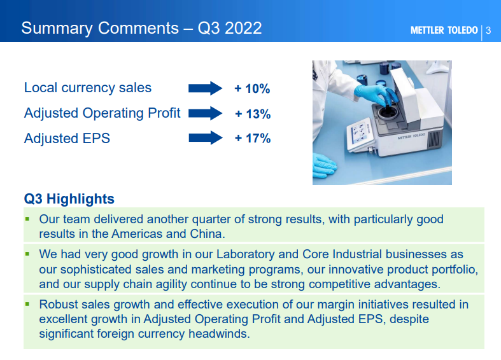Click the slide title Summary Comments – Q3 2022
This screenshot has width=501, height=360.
141,28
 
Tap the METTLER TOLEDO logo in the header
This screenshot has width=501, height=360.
444,31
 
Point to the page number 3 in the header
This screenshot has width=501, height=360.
488,31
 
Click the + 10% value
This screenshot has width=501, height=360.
252,88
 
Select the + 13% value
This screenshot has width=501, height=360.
253,114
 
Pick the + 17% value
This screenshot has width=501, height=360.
253,139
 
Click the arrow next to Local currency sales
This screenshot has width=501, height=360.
205,88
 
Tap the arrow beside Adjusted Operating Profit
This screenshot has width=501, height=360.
205,113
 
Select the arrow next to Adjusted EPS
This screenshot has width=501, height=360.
206,138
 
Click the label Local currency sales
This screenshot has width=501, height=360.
88,88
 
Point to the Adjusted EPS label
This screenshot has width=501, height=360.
67,139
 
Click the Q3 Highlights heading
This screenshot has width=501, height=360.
69,199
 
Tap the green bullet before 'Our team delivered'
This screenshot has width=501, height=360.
27,219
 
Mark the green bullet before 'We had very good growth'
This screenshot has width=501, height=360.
27,254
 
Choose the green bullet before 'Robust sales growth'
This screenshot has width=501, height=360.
27,304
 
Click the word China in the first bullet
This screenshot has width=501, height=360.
206,234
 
